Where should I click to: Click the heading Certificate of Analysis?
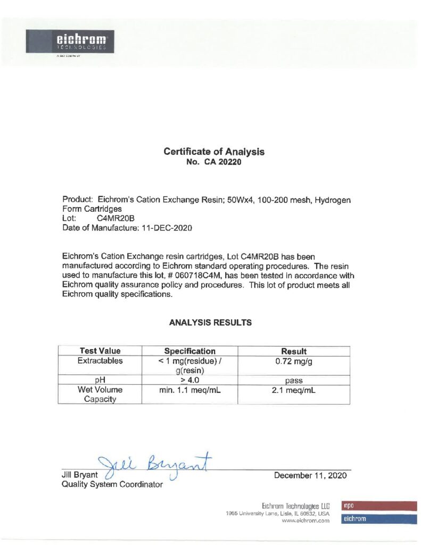214,152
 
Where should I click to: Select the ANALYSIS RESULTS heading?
210,323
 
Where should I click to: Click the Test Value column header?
100,351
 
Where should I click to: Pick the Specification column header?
190,351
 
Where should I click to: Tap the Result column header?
293,351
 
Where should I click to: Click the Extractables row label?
100,361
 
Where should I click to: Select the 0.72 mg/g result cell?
293,361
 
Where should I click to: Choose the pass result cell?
293,381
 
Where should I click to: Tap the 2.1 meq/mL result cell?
293,390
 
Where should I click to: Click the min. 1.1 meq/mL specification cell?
190,390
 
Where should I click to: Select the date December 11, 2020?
310,475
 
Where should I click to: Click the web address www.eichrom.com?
306,522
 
